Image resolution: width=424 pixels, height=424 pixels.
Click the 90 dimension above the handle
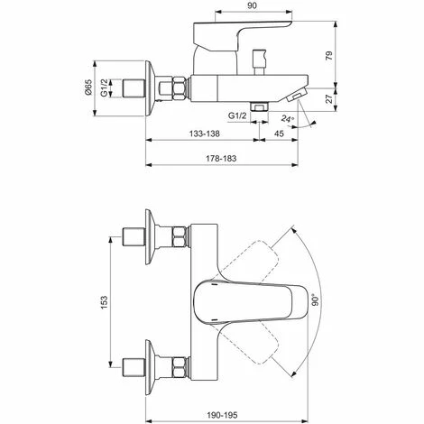click(253, 5)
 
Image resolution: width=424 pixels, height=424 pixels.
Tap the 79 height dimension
click(329, 56)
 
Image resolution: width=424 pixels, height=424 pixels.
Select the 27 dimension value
click(330, 98)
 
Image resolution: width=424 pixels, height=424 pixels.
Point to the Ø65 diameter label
click(88, 88)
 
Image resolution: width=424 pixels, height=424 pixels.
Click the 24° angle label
click(288, 118)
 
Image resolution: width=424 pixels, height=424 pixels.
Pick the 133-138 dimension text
click(205, 134)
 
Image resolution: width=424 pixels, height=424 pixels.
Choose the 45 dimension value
click(279, 134)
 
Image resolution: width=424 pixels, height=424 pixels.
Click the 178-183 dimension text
click(221, 159)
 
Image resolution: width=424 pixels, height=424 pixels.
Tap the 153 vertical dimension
click(104, 302)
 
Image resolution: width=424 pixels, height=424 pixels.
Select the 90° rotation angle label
click(315, 300)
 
